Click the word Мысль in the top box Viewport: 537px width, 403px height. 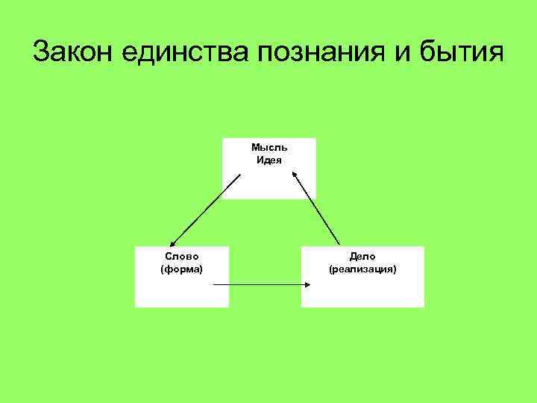pos(269,148)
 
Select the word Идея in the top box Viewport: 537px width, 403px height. pos(269,160)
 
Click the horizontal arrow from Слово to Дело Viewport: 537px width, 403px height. pos(261,285)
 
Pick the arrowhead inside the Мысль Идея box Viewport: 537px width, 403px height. pos(294,176)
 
